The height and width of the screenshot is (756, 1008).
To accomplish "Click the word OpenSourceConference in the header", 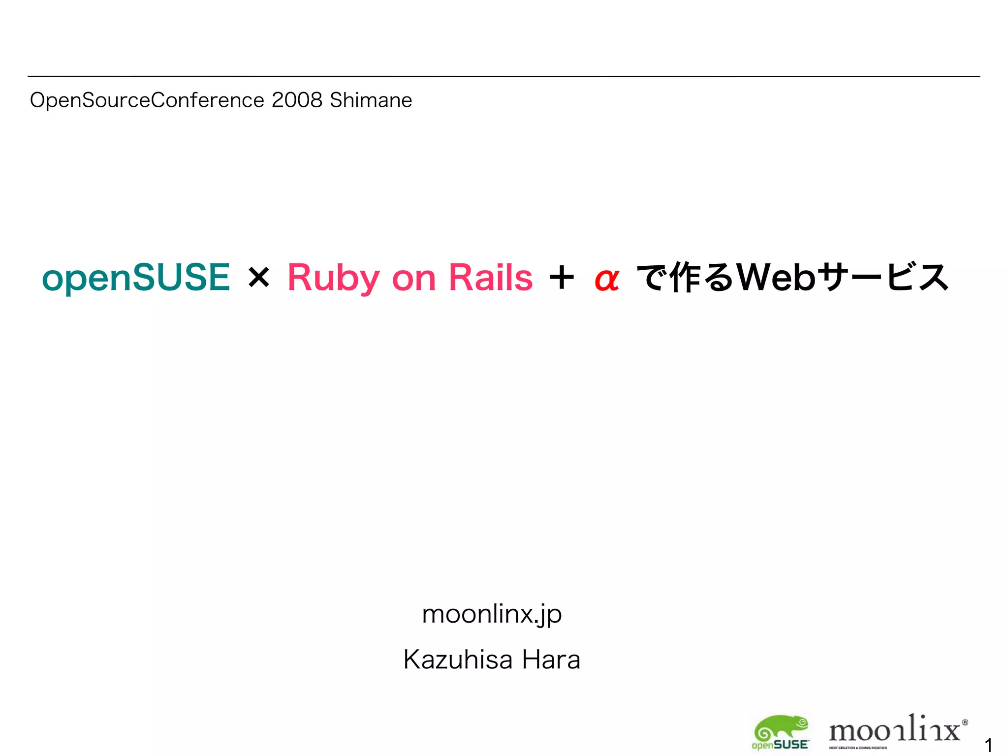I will tap(147, 100).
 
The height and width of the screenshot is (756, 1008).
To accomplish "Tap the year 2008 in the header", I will tap(297, 100).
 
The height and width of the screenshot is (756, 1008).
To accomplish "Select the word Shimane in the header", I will tap(371, 100).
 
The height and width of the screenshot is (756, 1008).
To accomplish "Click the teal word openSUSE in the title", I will tap(136, 278).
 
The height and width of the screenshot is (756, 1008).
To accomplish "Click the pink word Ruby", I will tap(333, 278).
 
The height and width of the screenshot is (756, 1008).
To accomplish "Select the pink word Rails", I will tap(490, 278).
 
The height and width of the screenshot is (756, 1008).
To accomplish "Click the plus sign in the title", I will tap(562, 278).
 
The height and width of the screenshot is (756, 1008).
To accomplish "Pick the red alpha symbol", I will tap(606, 280).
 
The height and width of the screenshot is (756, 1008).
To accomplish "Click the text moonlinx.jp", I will tap(492, 614).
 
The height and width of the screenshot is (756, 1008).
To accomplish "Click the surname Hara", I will tap(551, 660).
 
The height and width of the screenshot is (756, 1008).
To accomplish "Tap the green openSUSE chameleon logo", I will tap(781, 732).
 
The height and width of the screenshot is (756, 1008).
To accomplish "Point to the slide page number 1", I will tap(988, 745).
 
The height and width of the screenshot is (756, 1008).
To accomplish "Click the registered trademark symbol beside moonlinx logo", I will tap(965, 723).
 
